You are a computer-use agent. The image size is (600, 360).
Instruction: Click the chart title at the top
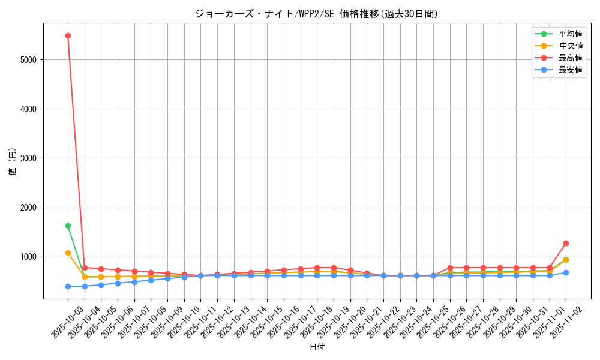click(x=317, y=14)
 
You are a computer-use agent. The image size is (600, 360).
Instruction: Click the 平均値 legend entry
click(x=570, y=34)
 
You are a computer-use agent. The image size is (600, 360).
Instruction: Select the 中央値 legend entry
click(x=570, y=46)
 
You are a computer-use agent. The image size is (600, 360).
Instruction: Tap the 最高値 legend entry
click(x=570, y=58)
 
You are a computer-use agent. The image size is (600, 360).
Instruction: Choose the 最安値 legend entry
click(x=570, y=70)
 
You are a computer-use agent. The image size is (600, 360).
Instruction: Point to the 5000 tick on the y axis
click(x=28, y=60)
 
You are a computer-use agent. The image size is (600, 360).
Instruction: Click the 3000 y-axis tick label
click(x=28, y=158)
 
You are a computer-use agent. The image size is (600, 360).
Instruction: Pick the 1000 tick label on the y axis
click(x=28, y=257)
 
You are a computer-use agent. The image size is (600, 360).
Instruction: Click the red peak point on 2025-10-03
click(x=68, y=35)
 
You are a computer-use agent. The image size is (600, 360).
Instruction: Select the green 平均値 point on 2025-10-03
click(x=68, y=226)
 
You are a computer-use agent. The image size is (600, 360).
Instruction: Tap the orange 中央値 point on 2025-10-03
click(x=68, y=253)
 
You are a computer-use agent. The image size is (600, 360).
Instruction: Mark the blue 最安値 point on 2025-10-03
click(x=68, y=286)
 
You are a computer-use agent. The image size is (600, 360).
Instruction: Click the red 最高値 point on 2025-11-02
click(x=566, y=243)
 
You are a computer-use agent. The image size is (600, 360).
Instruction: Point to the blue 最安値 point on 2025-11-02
click(x=566, y=272)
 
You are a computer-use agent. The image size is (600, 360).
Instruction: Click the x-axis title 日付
click(x=317, y=347)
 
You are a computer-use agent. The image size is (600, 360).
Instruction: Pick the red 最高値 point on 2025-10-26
click(x=449, y=268)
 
